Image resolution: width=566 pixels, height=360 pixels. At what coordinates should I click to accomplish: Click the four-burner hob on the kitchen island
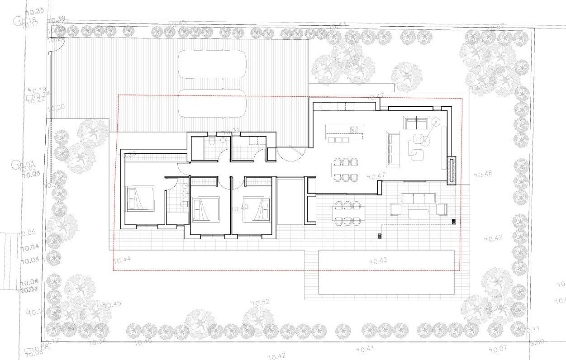point(355,130)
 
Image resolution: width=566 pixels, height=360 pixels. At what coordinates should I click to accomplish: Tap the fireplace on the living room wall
point(452,170)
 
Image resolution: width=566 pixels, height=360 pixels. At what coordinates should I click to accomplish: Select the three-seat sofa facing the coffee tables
point(393,148)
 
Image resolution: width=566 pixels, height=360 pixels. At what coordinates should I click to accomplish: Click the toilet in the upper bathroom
point(212,141)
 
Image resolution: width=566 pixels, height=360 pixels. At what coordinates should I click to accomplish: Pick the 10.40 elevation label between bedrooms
point(239,208)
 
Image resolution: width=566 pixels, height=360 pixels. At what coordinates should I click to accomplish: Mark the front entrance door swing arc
point(290,156)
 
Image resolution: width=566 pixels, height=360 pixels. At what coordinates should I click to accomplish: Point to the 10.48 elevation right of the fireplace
point(483,174)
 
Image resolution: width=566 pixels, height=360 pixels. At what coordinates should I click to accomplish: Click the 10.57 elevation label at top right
point(495,28)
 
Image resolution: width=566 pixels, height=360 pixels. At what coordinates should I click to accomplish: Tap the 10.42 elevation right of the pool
point(493,238)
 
